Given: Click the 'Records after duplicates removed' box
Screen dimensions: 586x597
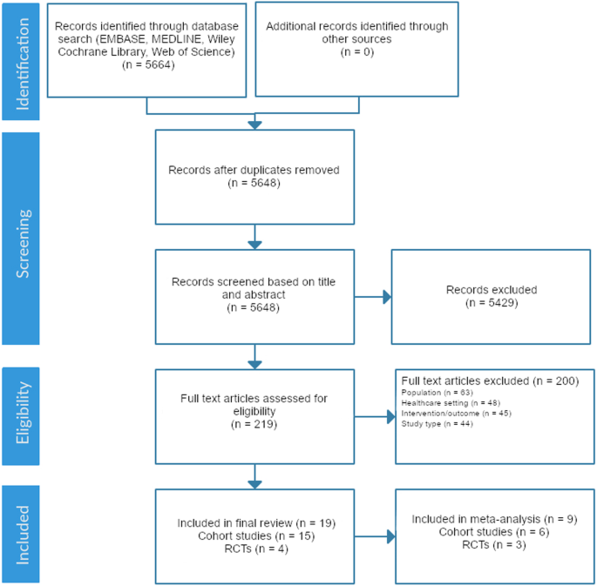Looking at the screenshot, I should click(254, 177).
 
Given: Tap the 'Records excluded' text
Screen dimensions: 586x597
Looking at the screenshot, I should click(492, 289).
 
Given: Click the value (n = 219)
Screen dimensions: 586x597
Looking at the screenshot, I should click(254, 427).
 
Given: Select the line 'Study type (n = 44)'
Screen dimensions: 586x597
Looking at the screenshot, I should click(436, 424).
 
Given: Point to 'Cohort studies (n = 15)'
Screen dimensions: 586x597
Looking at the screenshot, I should click(254, 535).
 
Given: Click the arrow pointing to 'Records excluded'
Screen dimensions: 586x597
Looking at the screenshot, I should click(373, 297).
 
